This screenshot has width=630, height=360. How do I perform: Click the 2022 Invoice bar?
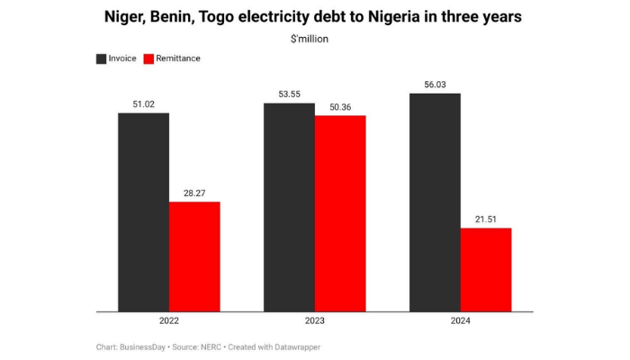coord(143,212)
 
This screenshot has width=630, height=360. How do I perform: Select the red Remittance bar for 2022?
coord(194,256)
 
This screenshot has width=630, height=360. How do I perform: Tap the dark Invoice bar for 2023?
coord(289,208)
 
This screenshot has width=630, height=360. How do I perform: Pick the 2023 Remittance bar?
coord(340,213)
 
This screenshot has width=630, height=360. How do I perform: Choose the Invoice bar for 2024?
coord(435,202)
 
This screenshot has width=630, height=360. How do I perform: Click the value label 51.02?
coord(143,103)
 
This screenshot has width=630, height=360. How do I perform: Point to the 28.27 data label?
coord(194,192)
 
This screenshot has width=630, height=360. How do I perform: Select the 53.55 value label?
coord(289,94)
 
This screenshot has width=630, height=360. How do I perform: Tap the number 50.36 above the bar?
coord(340,106)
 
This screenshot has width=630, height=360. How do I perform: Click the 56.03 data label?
coord(435,84)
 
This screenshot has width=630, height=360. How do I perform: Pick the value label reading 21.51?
coord(486,218)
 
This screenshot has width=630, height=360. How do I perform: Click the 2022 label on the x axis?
coord(168,321)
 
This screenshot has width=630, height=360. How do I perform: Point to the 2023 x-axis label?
coord(314,321)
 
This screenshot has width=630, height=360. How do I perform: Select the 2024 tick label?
coord(460,321)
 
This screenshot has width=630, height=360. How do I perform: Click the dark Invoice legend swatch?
coord(102,58)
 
